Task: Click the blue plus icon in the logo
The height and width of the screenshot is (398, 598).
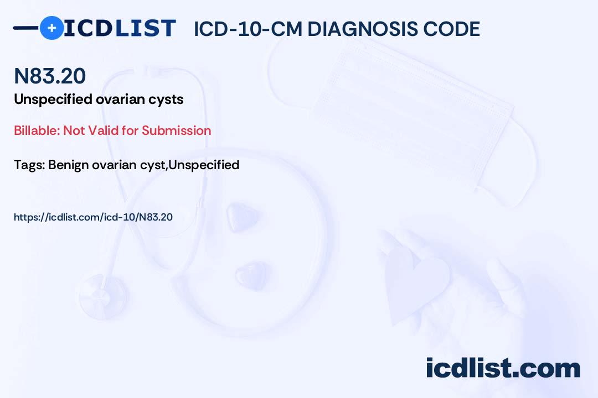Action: click(51, 28)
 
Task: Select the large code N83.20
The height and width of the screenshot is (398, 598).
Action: click(50, 76)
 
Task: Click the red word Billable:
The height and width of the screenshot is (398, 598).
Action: click(37, 130)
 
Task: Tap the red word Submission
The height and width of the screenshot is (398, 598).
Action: click(176, 130)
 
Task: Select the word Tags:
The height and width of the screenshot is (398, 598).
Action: click(30, 165)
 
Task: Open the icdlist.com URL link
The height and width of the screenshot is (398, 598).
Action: click(93, 217)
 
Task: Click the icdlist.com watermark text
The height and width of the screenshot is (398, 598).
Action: click(503, 368)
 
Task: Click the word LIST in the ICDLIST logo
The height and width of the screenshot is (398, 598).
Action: click(145, 28)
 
